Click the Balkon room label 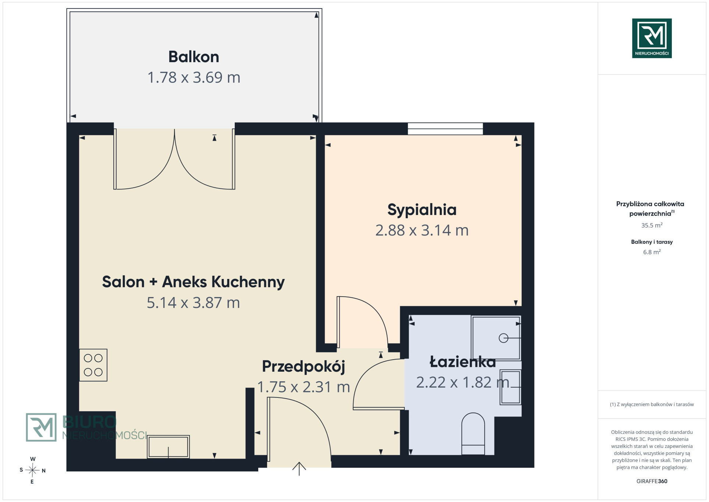pos(194,57)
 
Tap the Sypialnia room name pos(422,210)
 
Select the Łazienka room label pos(462,362)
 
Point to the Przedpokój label pos(303,367)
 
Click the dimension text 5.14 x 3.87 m pos(193,303)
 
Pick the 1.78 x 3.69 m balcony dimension pos(194,78)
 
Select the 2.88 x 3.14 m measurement pos(422,230)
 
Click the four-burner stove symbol pos(93,365)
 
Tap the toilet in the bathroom pos(473,434)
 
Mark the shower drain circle pos(503,338)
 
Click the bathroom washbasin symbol pos(510,387)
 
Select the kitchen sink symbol pos(168,447)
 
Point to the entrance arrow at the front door pos(299,469)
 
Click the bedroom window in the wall pos(445,129)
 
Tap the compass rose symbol pos(32,470)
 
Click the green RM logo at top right pos(652,38)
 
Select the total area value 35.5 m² pos(652,225)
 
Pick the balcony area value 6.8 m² pos(652,252)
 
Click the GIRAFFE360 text pos(652,481)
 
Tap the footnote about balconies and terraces pos(652,404)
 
